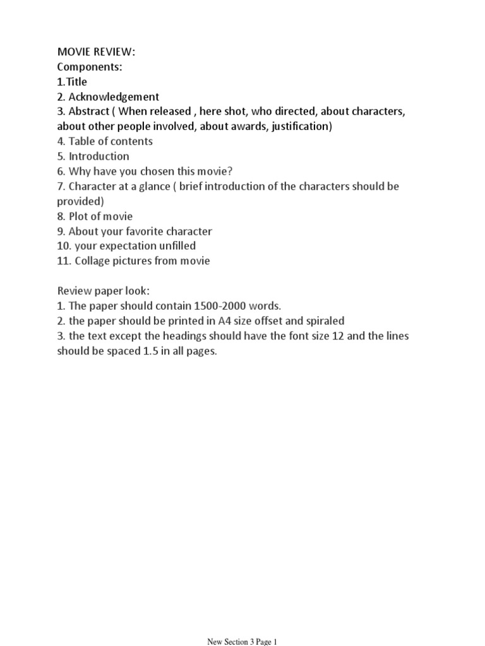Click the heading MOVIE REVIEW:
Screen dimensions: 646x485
click(x=96, y=52)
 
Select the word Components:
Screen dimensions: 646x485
click(x=90, y=67)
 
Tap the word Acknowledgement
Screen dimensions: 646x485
click(x=114, y=97)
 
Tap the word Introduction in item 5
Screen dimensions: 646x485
click(x=99, y=156)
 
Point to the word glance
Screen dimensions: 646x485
click(x=150, y=187)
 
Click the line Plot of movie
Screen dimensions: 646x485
click(x=100, y=216)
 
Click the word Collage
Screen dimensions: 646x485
click(x=88, y=261)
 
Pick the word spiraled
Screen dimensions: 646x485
click(x=323, y=321)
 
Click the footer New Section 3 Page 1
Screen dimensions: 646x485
click(x=242, y=642)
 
